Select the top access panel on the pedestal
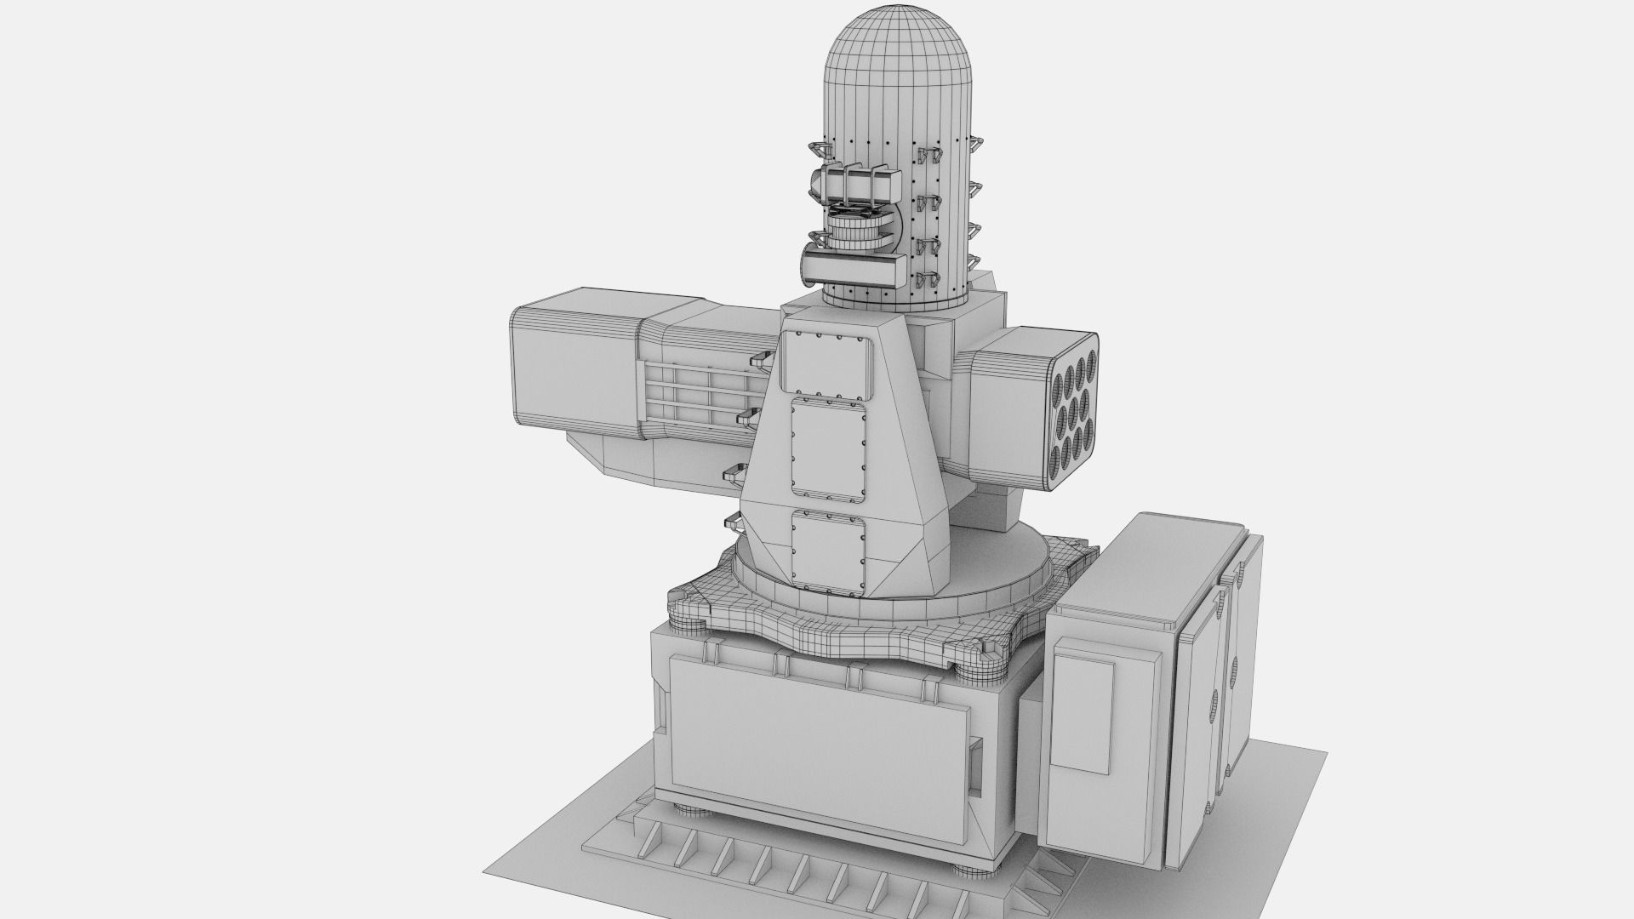click(x=828, y=363)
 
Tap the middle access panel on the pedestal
click(x=828, y=448)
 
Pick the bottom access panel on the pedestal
click(x=828, y=549)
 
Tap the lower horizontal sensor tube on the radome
click(x=854, y=268)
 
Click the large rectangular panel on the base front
click(x=819, y=735)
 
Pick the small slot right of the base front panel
click(x=976, y=757)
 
